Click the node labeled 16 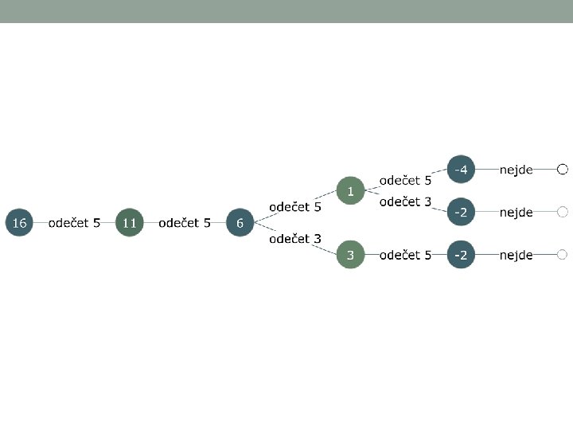pyautogui.click(x=19, y=223)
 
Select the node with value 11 pyautogui.click(x=129, y=223)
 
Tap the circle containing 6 pyautogui.click(x=240, y=223)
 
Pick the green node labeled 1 pyautogui.click(x=350, y=190)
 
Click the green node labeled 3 pyautogui.click(x=350, y=255)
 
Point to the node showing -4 pyautogui.click(x=461, y=169)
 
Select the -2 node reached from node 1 pyautogui.click(x=461, y=212)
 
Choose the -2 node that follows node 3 pyautogui.click(x=461, y=255)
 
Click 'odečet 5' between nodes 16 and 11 pyautogui.click(x=74, y=223)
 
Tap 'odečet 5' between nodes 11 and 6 pyautogui.click(x=185, y=223)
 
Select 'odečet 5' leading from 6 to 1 pyautogui.click(x=295, y=206)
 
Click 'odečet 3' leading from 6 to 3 pyautogui.click(x=295, y=238)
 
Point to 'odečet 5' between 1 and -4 pyautogui.click(x=405, y=181)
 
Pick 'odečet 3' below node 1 pyautogui.click(x=405, y=201)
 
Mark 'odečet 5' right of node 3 pyautogui.click(x=405, y=255)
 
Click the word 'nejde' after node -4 pyautogui.click(x=516, y=170)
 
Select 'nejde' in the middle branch pyautogui.click(x=516, y=213)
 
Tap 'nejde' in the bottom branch pyautogui.click(x=516, y=255)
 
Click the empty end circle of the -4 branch pyautogui.click(x=562, y=169)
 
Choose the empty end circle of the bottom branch pyautogui.click(x=562, y=255)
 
